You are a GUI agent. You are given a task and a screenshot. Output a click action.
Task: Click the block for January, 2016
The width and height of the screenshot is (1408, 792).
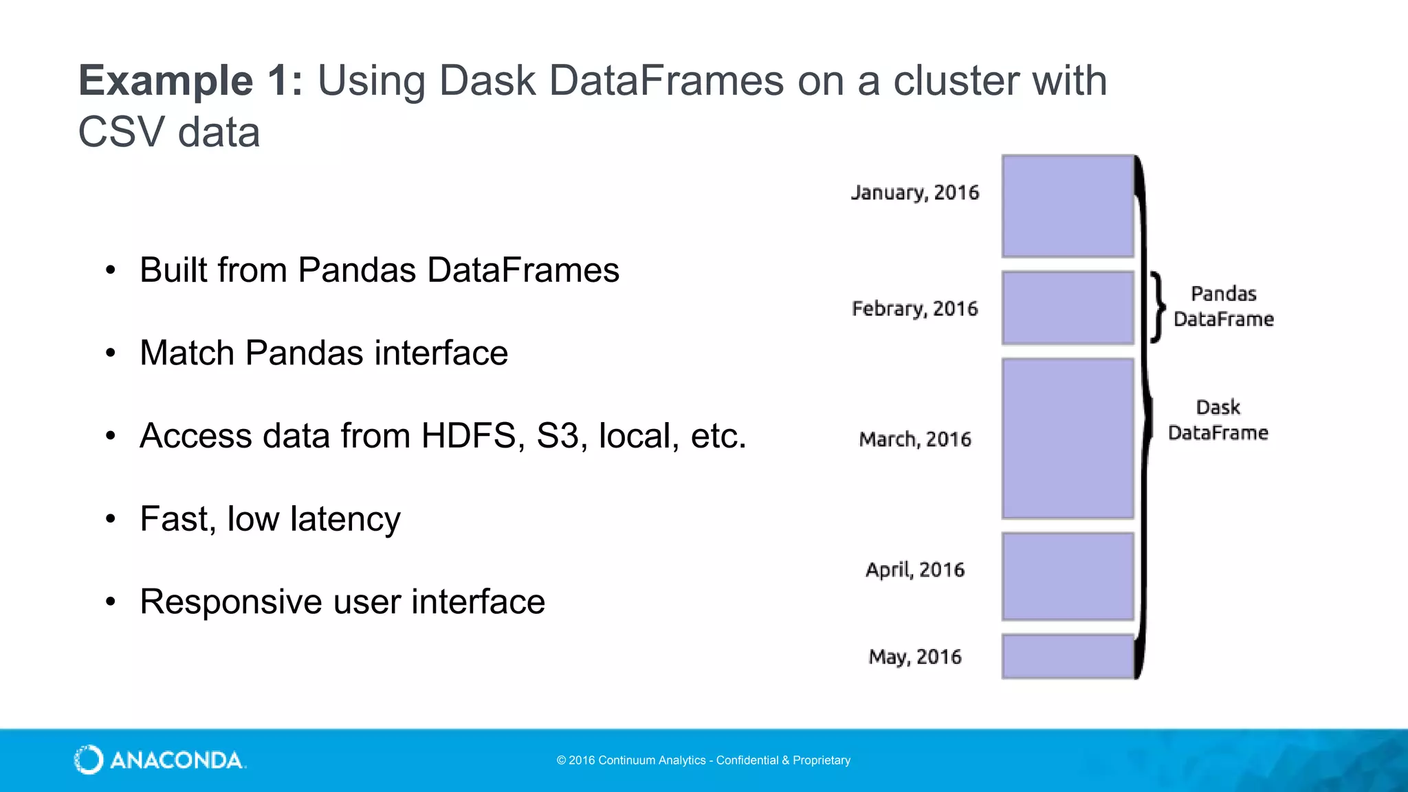(1067, 206)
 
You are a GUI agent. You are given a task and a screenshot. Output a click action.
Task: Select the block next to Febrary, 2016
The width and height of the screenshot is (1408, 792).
(1067, 307)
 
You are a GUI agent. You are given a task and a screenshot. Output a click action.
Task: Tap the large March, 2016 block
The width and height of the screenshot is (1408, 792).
(1067, 438)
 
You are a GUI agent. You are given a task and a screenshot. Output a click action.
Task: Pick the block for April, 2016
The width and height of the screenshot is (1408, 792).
(1067, 576)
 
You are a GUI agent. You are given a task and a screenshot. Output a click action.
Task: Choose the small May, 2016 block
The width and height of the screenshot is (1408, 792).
(1067, 657)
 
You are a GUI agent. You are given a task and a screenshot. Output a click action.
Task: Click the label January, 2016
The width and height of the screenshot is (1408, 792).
(914, 192)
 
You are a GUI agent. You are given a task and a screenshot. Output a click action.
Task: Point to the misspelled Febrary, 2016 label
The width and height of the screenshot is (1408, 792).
(914, 309)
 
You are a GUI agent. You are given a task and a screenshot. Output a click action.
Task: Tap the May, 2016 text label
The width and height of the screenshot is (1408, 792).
(914, 657)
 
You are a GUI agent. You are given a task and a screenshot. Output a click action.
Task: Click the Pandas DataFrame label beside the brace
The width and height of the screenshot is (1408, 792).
(1223, 306)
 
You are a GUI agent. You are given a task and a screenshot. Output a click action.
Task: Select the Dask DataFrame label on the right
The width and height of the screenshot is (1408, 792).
(1218, 419)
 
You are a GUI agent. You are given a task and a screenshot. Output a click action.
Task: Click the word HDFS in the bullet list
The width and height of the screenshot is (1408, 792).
(468, 436)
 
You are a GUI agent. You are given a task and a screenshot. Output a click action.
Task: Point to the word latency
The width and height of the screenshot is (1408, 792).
(345, 520)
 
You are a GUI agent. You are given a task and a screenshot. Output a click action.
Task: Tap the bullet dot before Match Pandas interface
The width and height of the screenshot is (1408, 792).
(111, 353)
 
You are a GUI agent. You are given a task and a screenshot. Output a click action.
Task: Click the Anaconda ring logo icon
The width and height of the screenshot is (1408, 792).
(89, 760)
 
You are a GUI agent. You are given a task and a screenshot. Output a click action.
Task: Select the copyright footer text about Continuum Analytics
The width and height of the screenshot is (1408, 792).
(703, 760)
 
